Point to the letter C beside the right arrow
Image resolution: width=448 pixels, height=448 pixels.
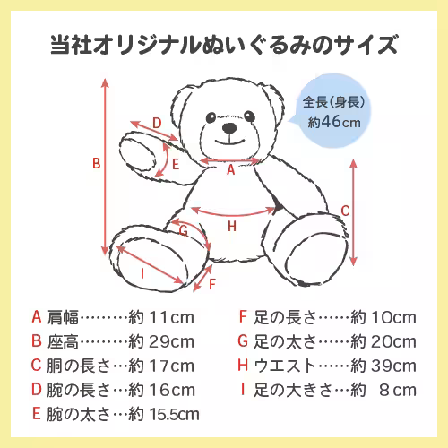click(345, 211)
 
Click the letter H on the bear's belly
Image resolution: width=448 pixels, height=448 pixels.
click(232, 227)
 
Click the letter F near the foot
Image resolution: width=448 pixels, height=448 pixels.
click(211, 284)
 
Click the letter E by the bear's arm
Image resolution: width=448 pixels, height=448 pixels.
click(177, 164)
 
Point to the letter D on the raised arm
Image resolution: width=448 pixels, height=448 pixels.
click(156, 123)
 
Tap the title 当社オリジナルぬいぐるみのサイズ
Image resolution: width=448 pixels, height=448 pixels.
click(224, 44)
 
